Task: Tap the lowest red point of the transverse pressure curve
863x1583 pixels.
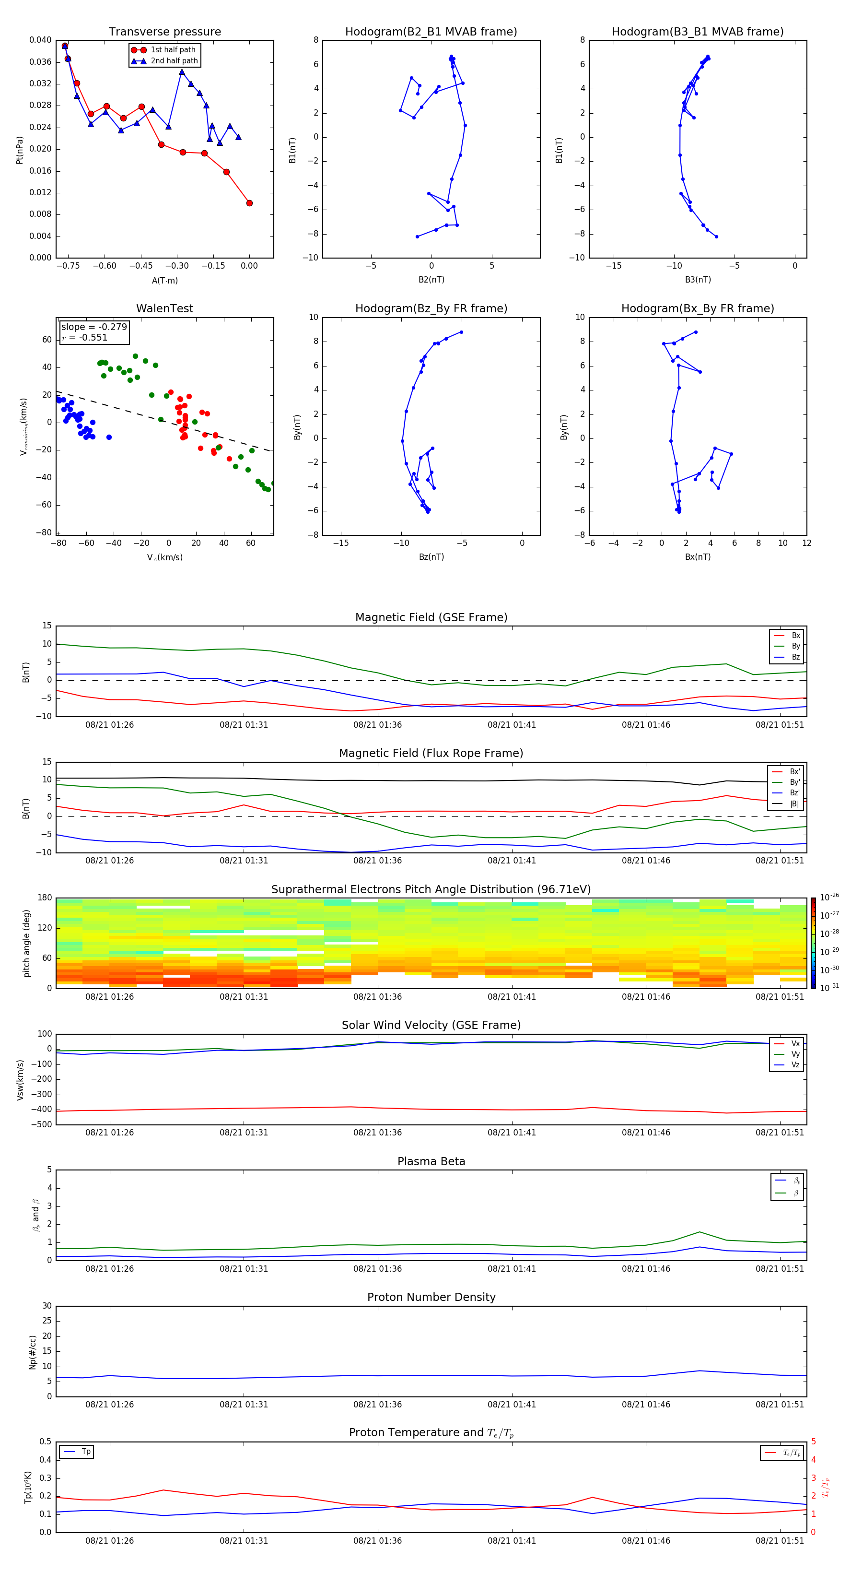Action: pyautogui.click(x=249, y=203)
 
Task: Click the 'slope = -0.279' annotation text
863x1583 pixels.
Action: pyautogui.click(x=94, y=327)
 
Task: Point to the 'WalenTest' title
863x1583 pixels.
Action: pyautogui.click(x=164, y=308)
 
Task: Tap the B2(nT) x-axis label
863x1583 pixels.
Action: pyautogui.click(x=431, y=280)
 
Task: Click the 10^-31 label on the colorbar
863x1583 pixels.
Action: pyautogui.click(x=829, y=987)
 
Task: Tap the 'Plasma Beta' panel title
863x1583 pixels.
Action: pyautogui.click(x=431, y=1161)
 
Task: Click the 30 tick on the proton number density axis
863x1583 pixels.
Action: pyautogui.click(x=47, y=1306)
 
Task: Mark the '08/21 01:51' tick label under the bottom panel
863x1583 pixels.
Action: pyautogui.click(x=780, y=1541)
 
